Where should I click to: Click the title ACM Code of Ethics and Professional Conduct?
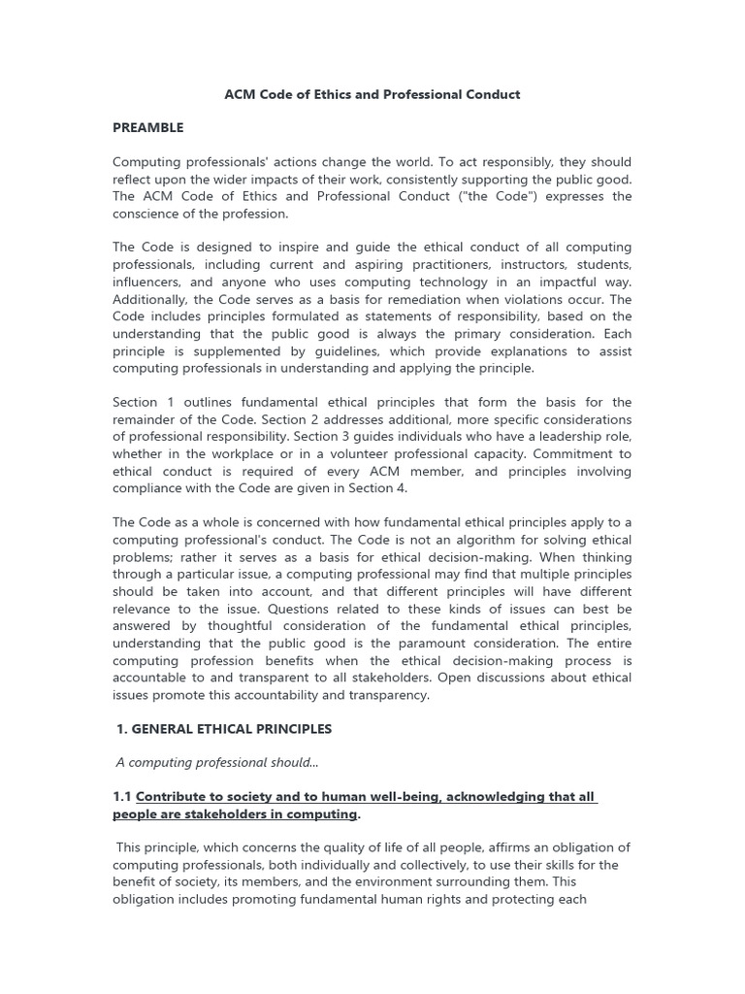372,94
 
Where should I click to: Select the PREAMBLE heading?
147,127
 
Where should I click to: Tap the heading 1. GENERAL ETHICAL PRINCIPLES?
224,728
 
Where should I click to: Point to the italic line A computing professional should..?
218,762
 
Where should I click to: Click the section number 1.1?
122,796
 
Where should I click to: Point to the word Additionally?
153,299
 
